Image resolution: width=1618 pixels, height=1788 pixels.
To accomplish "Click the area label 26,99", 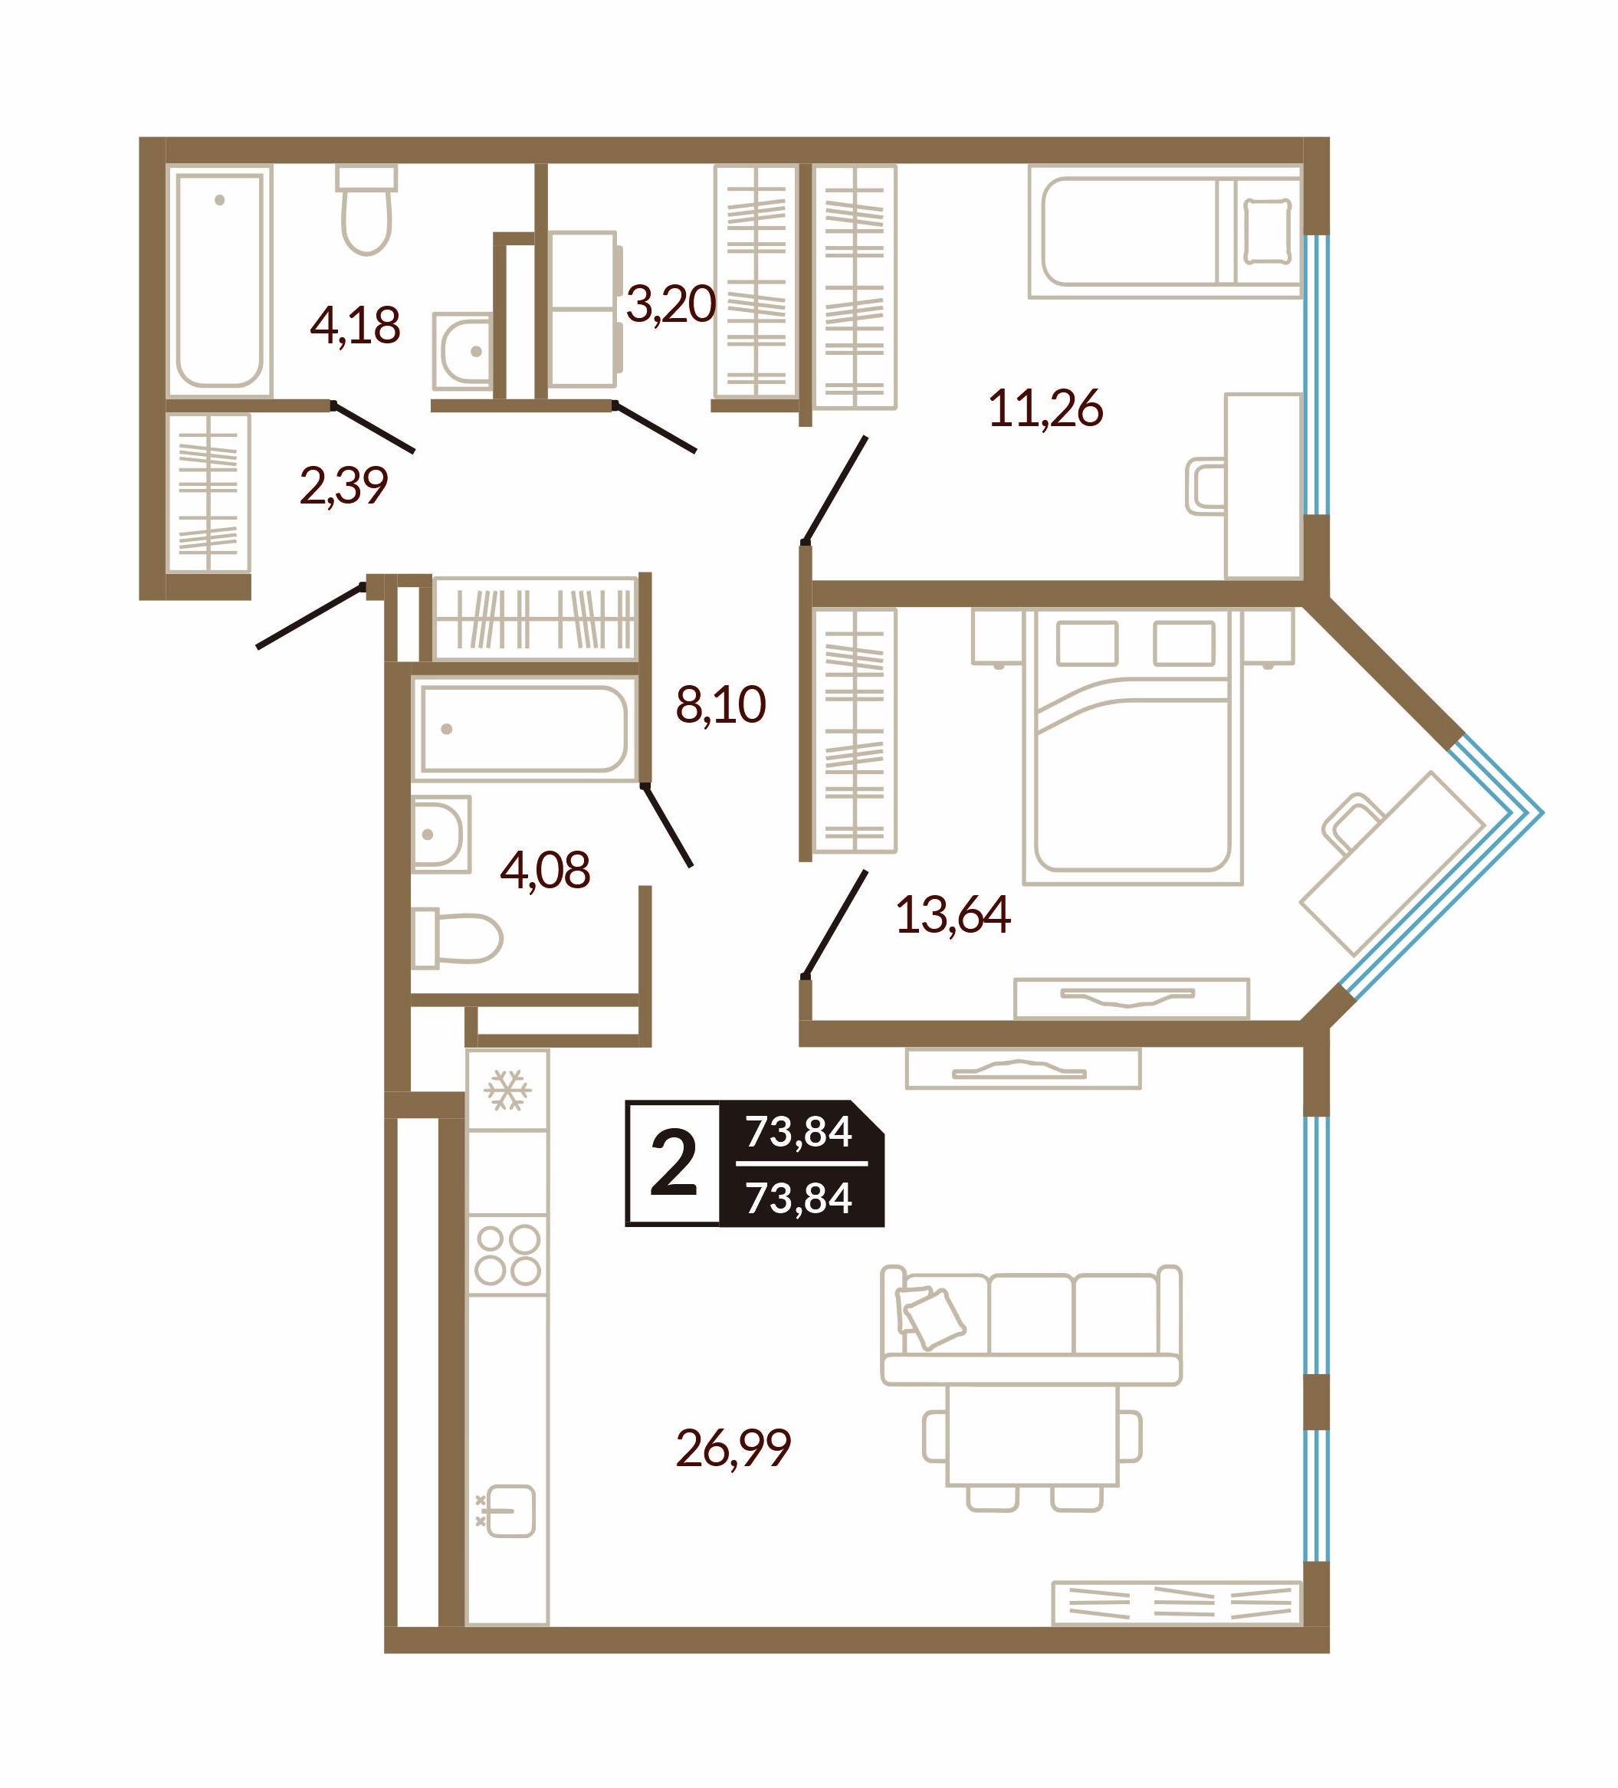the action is pyautogui.click(x=733, y=1448).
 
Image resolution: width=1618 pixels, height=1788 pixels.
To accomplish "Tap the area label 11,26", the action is pyautogui.click(x=1045, y=408).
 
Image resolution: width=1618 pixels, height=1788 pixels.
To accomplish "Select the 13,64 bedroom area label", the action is pyautogui.click(x=953, y=914).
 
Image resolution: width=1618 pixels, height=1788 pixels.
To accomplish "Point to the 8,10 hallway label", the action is pyautogui.click(x=720, y=705).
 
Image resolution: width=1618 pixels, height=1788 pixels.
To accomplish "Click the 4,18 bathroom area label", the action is pyautogui.click(x=355, y=326).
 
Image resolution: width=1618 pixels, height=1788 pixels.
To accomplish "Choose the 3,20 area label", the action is pyautogui.click(x=671, y=304).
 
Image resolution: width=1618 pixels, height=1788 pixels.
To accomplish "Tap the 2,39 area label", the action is pyautogui.click(x=343, y=486).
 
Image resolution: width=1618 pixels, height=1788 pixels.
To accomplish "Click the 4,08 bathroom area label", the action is pyautogui.click(x=545, y=870).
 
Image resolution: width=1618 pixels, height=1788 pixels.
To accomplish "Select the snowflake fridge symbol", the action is pyautogui.click(x=507, y=1090).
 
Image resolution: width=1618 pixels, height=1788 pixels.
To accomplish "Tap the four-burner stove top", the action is pyautogui.click(x=507, y=1255).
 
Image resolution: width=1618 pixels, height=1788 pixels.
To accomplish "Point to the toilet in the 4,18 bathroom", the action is pyautogui.click(x=366, y=210).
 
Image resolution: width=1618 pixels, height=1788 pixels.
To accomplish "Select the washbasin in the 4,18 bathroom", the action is pyautogui.click(x=463, y=351).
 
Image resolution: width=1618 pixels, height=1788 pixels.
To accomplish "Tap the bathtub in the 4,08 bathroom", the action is pyautogui.click(x=524, y=729).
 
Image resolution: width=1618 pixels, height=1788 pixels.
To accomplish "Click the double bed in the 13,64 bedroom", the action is pyautogui.click(x=1133, y=746).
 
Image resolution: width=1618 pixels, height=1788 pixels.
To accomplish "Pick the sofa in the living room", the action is pyautogui.click(x=1031, y=1325).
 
